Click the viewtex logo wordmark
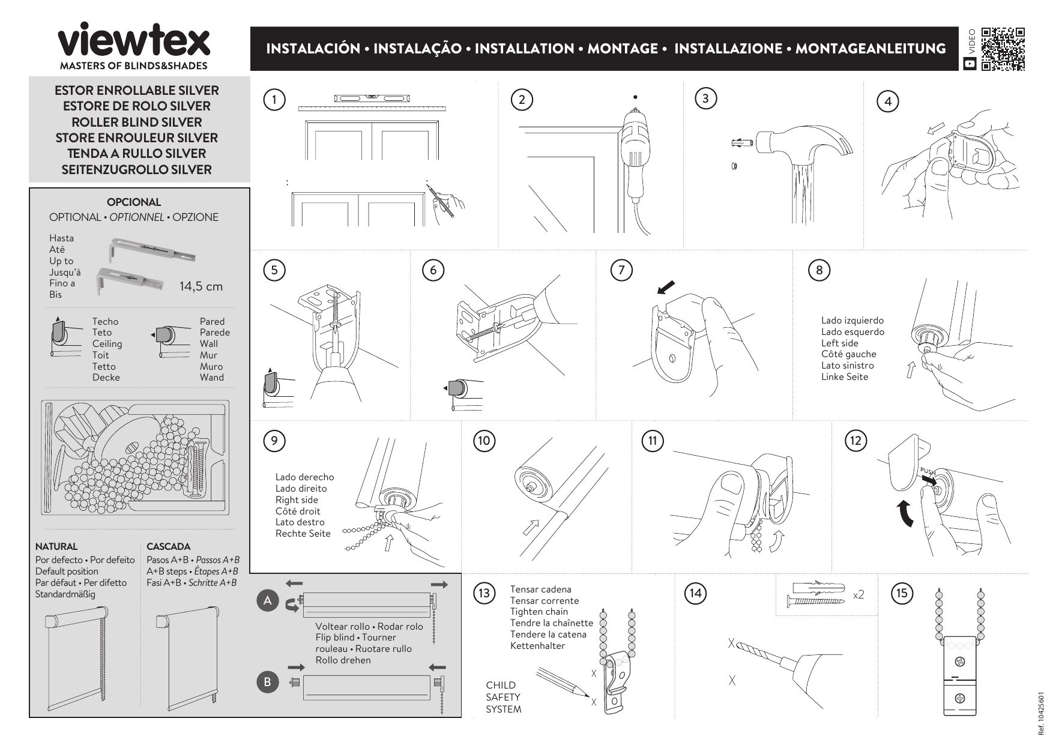pos(133,42)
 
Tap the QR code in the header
pos(1003,49)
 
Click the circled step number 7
pos(621,270)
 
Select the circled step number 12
pos(855,441)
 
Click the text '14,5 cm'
pos(201,286)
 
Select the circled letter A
pos(268,601)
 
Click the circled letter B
pos(268,682)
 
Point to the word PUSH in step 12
pos(927,471)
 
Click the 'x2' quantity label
pos(858,595)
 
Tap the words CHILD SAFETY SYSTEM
pos(503,697)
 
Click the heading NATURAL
pos(56,546)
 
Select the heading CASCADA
pos(168,546)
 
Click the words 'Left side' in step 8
pos(839,343)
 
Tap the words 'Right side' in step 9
pos(297,500)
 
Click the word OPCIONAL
pos(134,202)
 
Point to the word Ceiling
pos(107,344)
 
